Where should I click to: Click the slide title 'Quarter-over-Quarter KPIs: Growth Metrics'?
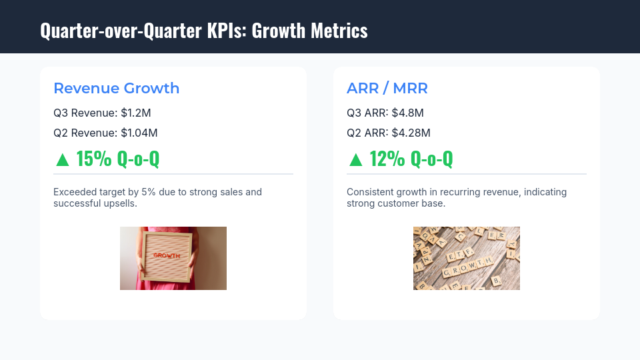203,31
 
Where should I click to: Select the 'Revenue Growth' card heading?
116,88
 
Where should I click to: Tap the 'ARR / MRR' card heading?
387,88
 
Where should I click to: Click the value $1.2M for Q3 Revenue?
141,113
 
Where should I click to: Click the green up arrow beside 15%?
63,159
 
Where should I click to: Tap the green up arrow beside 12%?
356,159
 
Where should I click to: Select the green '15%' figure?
94,159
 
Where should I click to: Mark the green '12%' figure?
387,159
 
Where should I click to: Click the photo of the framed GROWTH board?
173,258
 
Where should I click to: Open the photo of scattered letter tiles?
467,258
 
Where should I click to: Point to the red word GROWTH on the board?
166,255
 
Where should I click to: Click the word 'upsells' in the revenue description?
119,203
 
